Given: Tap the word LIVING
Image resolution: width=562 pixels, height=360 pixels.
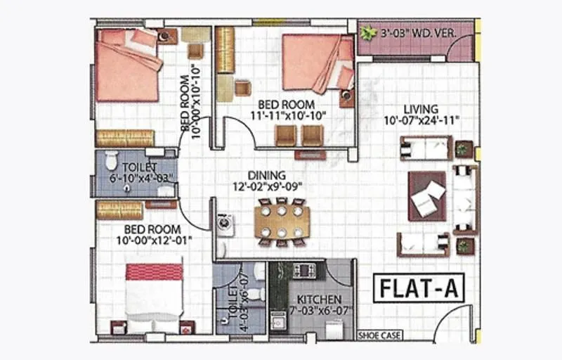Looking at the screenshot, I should coord(421,109).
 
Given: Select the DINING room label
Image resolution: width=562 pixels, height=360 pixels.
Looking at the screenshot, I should coord(266,175).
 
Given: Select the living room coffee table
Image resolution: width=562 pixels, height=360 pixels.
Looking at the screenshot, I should coord(428,196).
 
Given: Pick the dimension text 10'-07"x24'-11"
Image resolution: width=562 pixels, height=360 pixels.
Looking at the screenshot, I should coord(421,120).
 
